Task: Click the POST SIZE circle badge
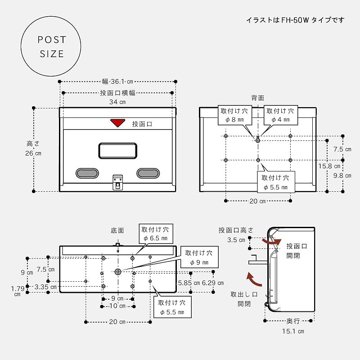[x=52, y=47]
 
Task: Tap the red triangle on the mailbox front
[x=117, y=123]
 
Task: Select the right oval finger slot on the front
[x=148, y=173]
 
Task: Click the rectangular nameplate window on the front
[x=117, y=150]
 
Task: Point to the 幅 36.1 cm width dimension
[x=117, y=82]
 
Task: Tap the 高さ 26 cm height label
[x=33, y=148]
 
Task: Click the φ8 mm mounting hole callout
[x=234, y=115]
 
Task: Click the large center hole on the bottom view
[x=118, y=272]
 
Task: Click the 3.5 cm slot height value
[x=236, y=239]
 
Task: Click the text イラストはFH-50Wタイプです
[x=295, y=20]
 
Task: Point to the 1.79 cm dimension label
[x=17, y=291]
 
